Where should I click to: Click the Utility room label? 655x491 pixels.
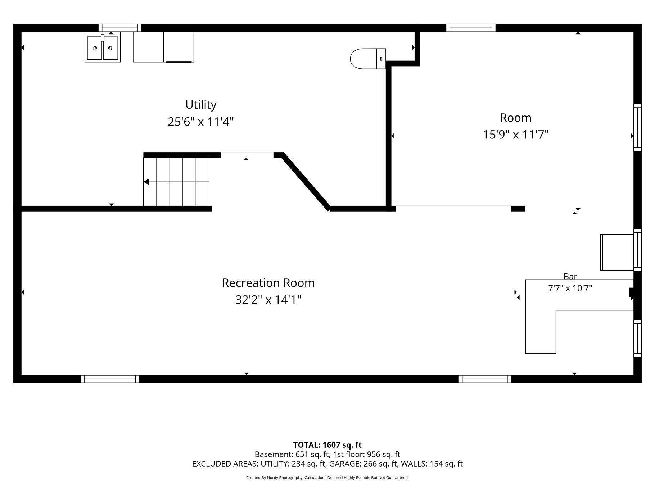coord(201,105)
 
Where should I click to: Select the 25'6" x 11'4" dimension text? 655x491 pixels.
coord(201,122)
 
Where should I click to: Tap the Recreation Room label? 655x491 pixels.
coord(268,283)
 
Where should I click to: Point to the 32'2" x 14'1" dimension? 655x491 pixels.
coord(268,300)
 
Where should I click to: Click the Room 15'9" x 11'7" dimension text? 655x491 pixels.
coord(515,135)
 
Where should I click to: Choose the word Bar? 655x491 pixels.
coord(570,277)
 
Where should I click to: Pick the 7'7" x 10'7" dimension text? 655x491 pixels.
coord(570,288)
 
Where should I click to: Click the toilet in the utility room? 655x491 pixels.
coord(368,59)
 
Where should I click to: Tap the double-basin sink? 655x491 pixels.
coord(103,47)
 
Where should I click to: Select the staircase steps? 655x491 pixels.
coord(176,182)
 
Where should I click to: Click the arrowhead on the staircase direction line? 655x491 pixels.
coord(146,182)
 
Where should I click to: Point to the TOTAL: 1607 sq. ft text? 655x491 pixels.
coord(327,445)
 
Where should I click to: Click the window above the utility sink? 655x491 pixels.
coord(120,28)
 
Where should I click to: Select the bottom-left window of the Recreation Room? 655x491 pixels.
coord(110,379)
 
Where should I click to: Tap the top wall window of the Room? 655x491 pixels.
coord(471,28)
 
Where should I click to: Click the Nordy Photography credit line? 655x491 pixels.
coord(327,478)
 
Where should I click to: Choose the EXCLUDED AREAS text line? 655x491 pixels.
coord(327,464)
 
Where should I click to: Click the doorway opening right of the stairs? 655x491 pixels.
coord(247,155)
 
